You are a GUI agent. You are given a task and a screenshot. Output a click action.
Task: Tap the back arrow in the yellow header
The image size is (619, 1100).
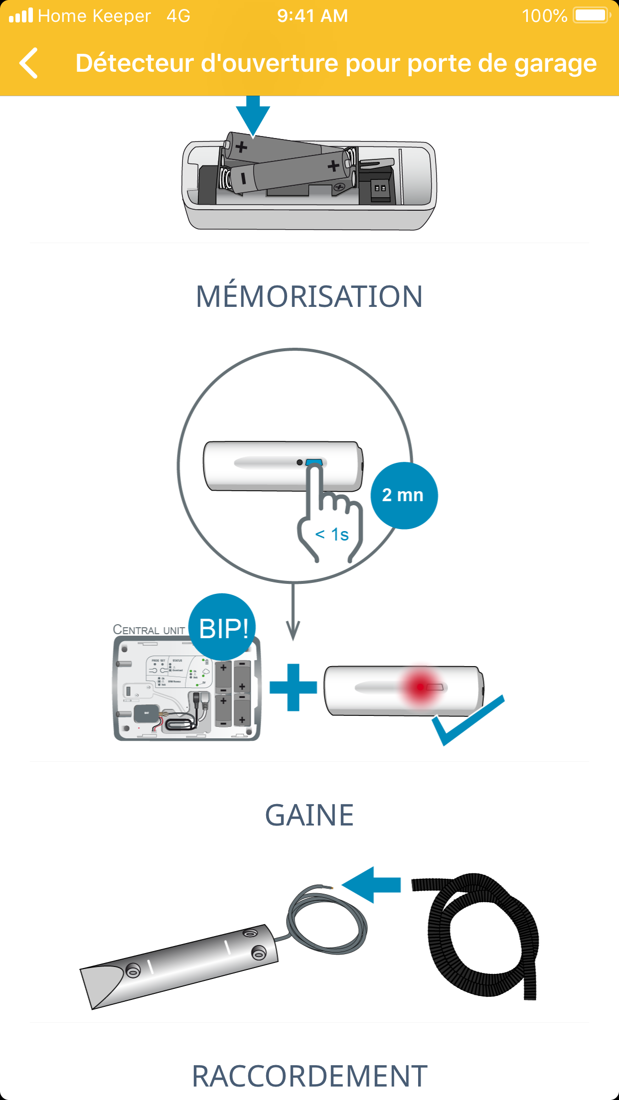pyautogui.click(x=29, y=63)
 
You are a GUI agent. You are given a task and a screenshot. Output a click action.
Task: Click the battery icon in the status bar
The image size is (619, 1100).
pyautogui.click(x=592, y=15)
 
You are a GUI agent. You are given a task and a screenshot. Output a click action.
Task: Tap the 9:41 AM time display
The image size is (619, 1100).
pyautogui.click(x=312, y=16)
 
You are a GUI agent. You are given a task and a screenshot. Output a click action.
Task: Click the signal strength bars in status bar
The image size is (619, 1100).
pyautogui.click(x=21, y=16)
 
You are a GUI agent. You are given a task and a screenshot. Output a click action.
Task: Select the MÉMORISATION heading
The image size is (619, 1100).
pyautogui.click(x=309, y=297)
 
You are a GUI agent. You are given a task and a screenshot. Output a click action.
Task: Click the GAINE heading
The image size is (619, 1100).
pyautogui.click(x=309, y=816)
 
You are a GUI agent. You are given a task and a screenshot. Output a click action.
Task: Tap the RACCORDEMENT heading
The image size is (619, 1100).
pyautogui.click(x=309, y=1076)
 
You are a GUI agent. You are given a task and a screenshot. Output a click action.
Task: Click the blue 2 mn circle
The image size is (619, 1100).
pyautogui.click(x=404, y=495)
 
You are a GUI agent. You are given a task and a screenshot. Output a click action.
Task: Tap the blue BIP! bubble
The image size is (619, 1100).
pyautogui.click(x=223, y=628)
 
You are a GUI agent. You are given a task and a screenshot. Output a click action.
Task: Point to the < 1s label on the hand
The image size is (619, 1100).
pyautogui.click(x=332, y=535)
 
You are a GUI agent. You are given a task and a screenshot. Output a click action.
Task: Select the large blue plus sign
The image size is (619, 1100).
pyautogui.click(x=293, y=687)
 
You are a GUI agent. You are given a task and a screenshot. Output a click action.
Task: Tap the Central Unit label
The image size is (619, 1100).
pyautogui.click(x=149, y=630)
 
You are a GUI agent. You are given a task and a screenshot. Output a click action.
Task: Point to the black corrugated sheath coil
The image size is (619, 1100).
pyautogui.click(x=481, y=937)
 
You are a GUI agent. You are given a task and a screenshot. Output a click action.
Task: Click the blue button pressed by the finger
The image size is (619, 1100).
pyautogui.click(x=314, y=462)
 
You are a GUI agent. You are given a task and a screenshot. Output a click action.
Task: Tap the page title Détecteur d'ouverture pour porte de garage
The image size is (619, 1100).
pyautogui.click(x=336, y=63)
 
